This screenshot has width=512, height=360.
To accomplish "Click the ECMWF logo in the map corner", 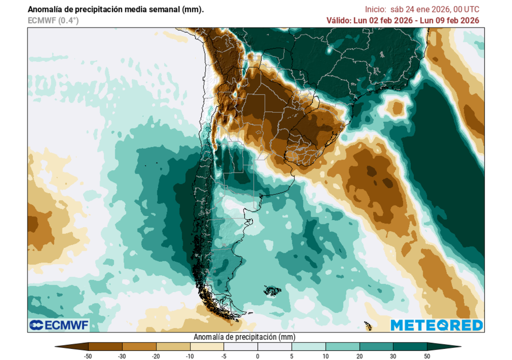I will pos(59,325).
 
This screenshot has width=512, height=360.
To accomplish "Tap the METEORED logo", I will pos(436,325).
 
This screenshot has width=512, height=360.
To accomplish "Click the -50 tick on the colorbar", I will pos(88,355).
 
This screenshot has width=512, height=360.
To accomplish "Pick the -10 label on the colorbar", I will pos(190,355).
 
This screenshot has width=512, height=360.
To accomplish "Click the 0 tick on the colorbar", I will pos(258,355).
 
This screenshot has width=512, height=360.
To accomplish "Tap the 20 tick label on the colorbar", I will pos(359,355).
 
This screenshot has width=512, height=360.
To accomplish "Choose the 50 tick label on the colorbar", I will pos(427,355).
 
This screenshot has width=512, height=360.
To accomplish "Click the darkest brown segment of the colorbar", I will pos(105,346).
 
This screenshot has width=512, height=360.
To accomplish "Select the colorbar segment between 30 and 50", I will pos(410,346).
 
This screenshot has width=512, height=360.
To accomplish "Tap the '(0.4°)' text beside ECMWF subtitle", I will pos(68,20).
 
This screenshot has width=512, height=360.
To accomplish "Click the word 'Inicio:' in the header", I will pos(375,9).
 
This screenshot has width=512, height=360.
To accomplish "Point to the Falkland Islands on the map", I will pos(272,290).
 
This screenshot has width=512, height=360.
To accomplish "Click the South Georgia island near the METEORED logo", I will pos(368,325).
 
